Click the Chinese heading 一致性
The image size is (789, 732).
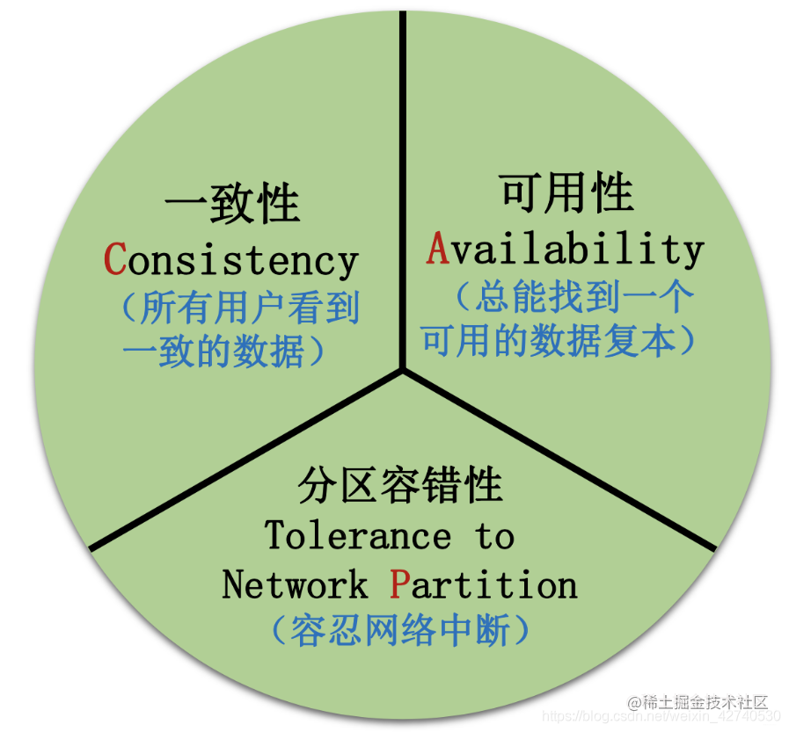coord(232,205)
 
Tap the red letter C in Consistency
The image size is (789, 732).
coord(115,259)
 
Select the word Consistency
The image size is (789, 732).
coord(231,260)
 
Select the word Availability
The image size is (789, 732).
coord(565,250)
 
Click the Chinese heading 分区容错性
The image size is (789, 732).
coord(400,486)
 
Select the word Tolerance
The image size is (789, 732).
coord(357,535)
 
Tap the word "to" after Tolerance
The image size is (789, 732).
coord(495,536)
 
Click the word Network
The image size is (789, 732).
coord(295,584)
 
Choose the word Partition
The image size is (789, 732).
coord(483,584)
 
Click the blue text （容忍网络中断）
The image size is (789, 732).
coord(400,630)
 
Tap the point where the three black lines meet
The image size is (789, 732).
coord(403,370)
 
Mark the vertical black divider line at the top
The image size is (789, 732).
coord(403,176)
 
